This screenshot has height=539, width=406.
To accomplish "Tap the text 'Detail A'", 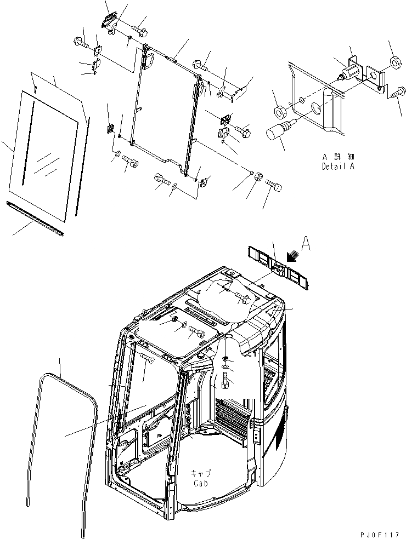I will point(339,166).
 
